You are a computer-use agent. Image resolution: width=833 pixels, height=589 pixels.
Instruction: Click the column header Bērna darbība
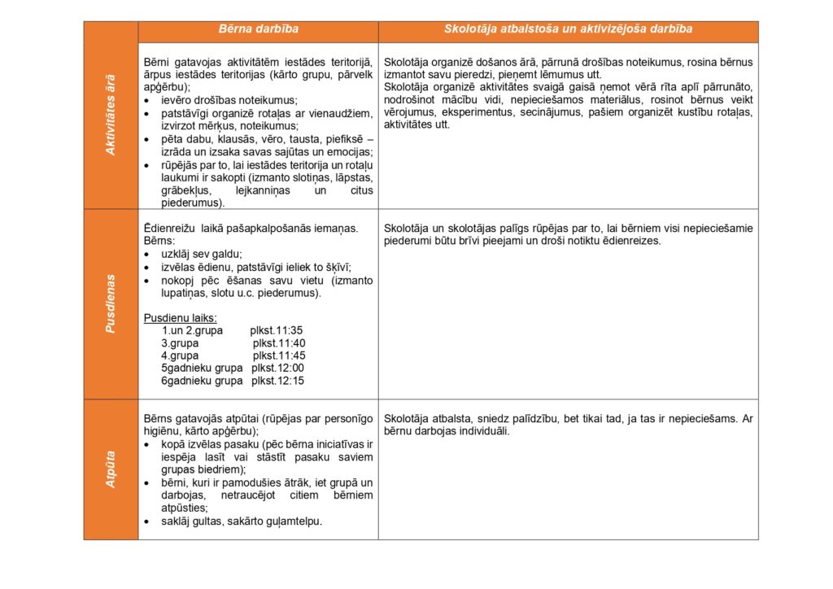pos(258,29)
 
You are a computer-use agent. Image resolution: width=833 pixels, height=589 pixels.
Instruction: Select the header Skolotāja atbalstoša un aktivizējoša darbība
pos(568,29)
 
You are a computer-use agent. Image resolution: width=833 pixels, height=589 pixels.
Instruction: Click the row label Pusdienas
pos(111,303)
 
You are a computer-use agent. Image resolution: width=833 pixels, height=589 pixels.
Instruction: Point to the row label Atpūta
pos(111,469)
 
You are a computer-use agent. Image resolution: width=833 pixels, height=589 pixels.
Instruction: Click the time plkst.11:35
pos(277,330)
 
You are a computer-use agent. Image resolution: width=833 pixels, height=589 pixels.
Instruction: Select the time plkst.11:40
pos(279,343)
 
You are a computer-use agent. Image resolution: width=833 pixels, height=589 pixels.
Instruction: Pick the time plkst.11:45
pos(279,356)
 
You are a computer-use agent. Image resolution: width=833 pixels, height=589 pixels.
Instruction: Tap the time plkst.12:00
pos(278,368)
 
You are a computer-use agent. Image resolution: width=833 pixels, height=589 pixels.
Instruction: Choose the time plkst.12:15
pos(278,381)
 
